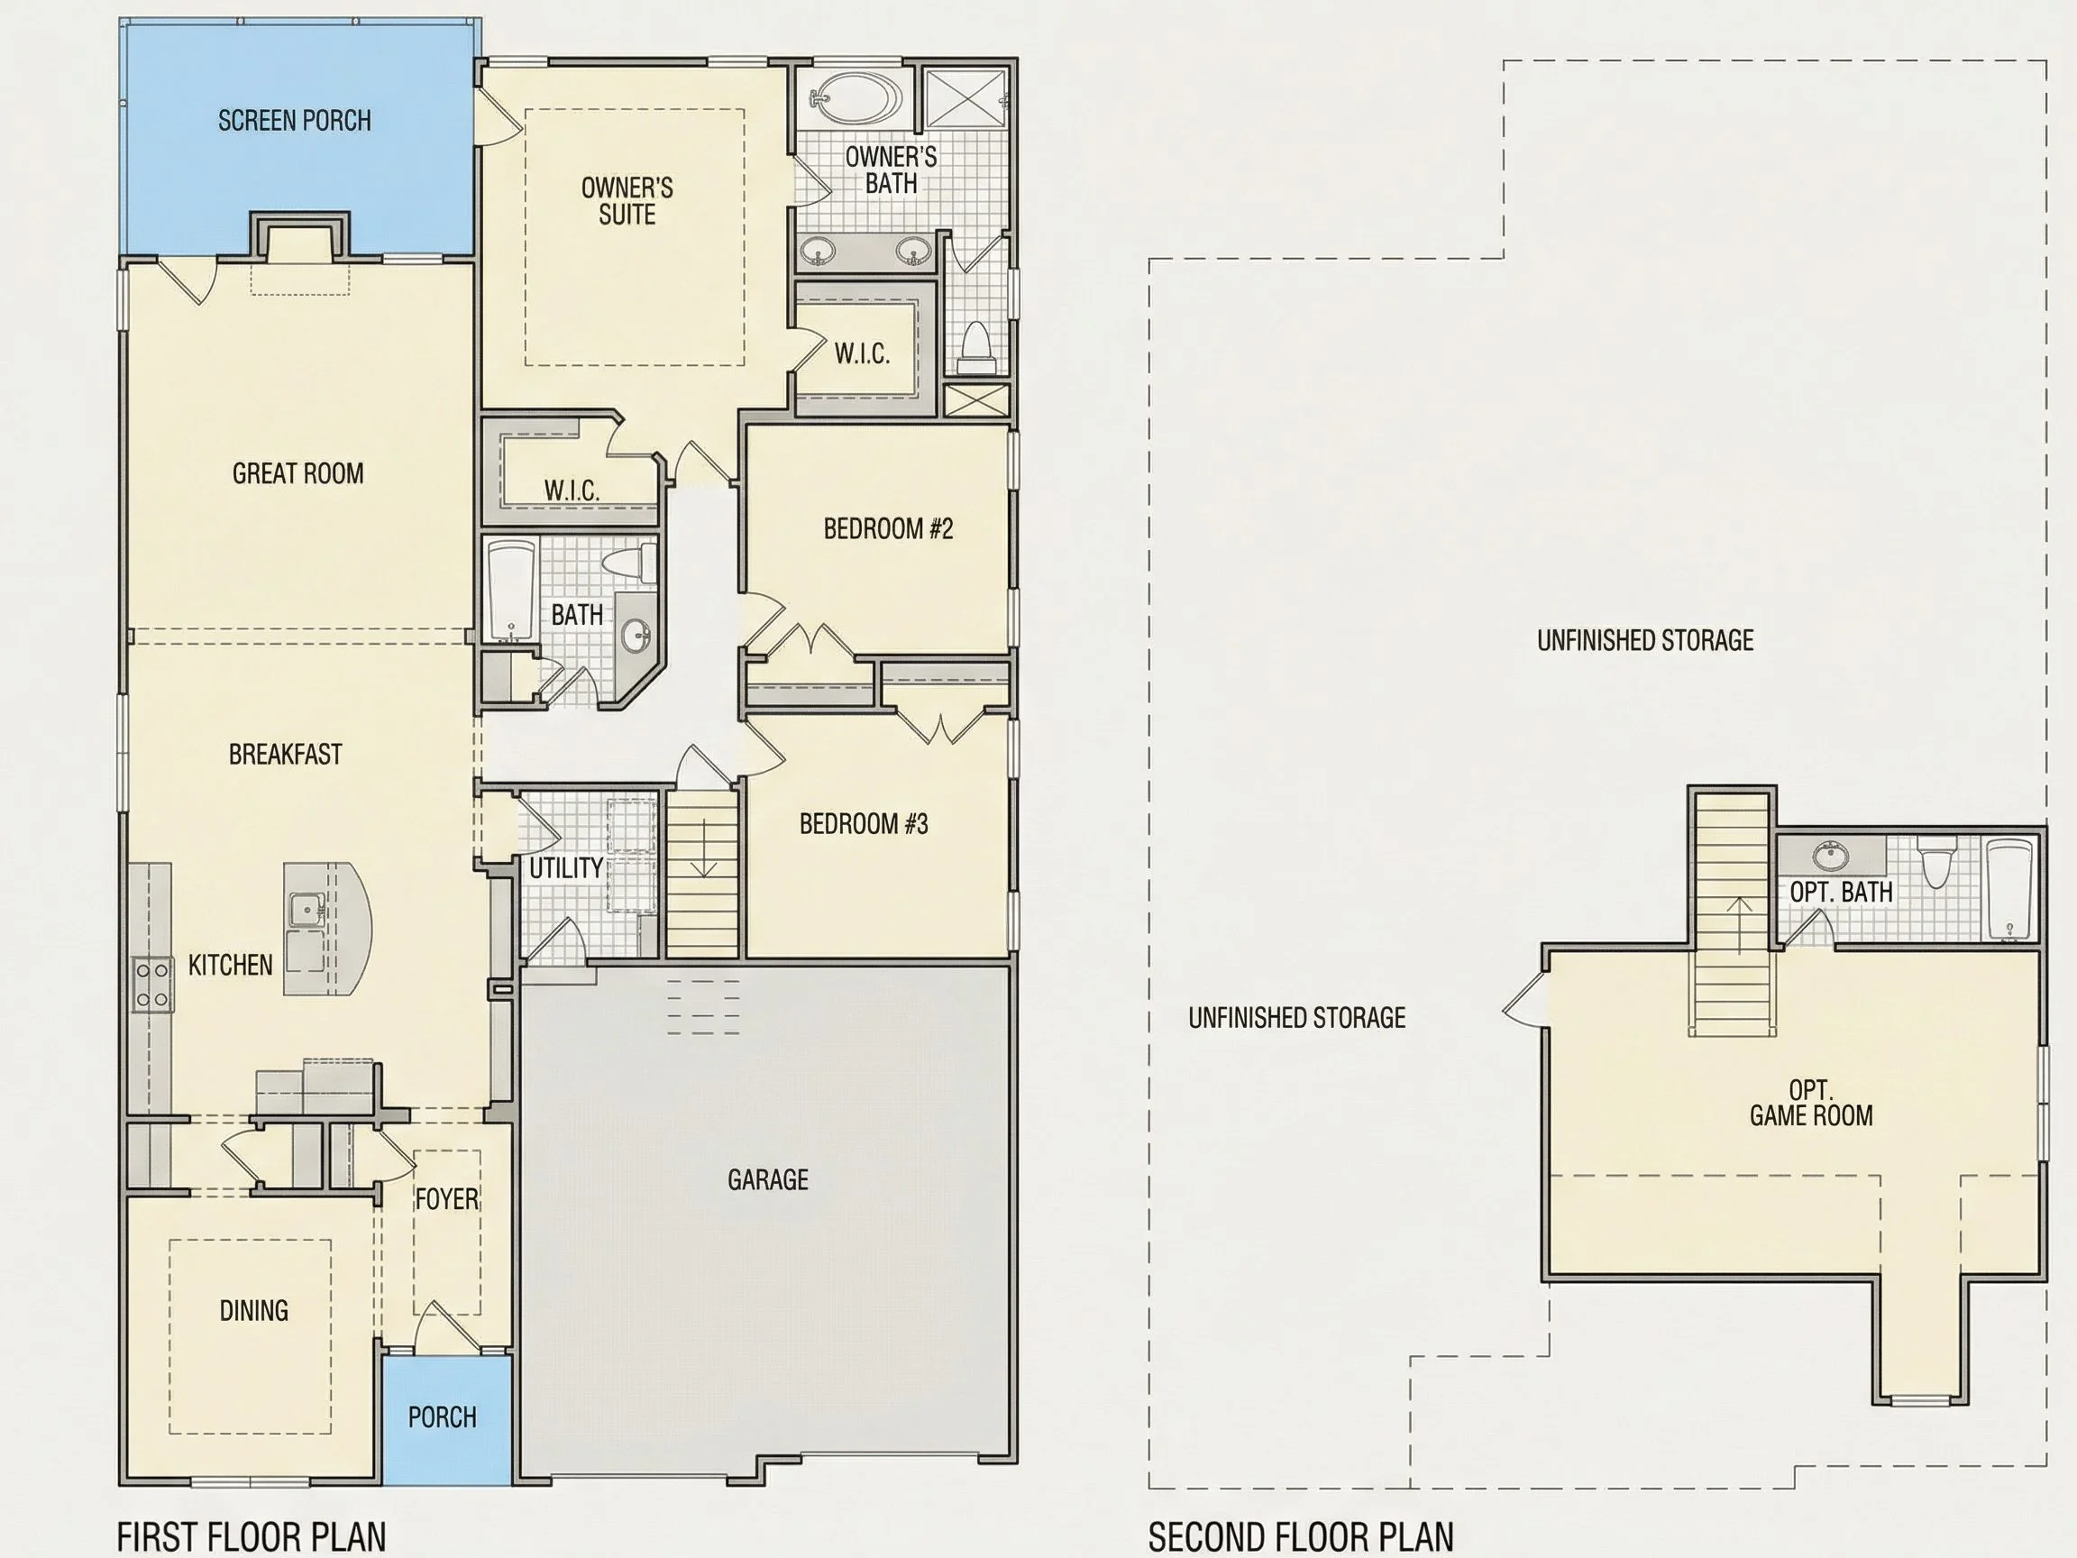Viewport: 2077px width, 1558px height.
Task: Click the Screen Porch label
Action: coord(295,120)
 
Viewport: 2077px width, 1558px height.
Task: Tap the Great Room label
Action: coord(297,473)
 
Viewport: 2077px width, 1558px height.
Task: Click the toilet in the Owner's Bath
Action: coord(977,348)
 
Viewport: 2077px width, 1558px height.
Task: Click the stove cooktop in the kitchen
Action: coord(152,984)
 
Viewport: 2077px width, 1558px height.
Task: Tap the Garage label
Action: coord(768,1179)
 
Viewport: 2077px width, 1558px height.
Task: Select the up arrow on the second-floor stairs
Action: coord(1740,924)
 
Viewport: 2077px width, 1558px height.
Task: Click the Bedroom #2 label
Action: coord(888,528)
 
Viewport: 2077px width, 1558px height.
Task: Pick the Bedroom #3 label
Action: coord(864,823)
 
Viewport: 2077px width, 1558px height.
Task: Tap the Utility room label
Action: coord(566,867)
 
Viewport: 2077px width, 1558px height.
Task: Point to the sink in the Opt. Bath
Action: coord(1827,856)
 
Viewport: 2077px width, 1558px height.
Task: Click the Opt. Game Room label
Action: coord(1810,1103)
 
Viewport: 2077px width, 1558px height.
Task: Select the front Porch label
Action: coord(443,1417)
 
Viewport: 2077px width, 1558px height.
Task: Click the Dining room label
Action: coord(253,1310)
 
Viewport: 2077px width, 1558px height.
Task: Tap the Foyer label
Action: coord(447,1199)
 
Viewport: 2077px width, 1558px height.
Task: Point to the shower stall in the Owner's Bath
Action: coord(967,96)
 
